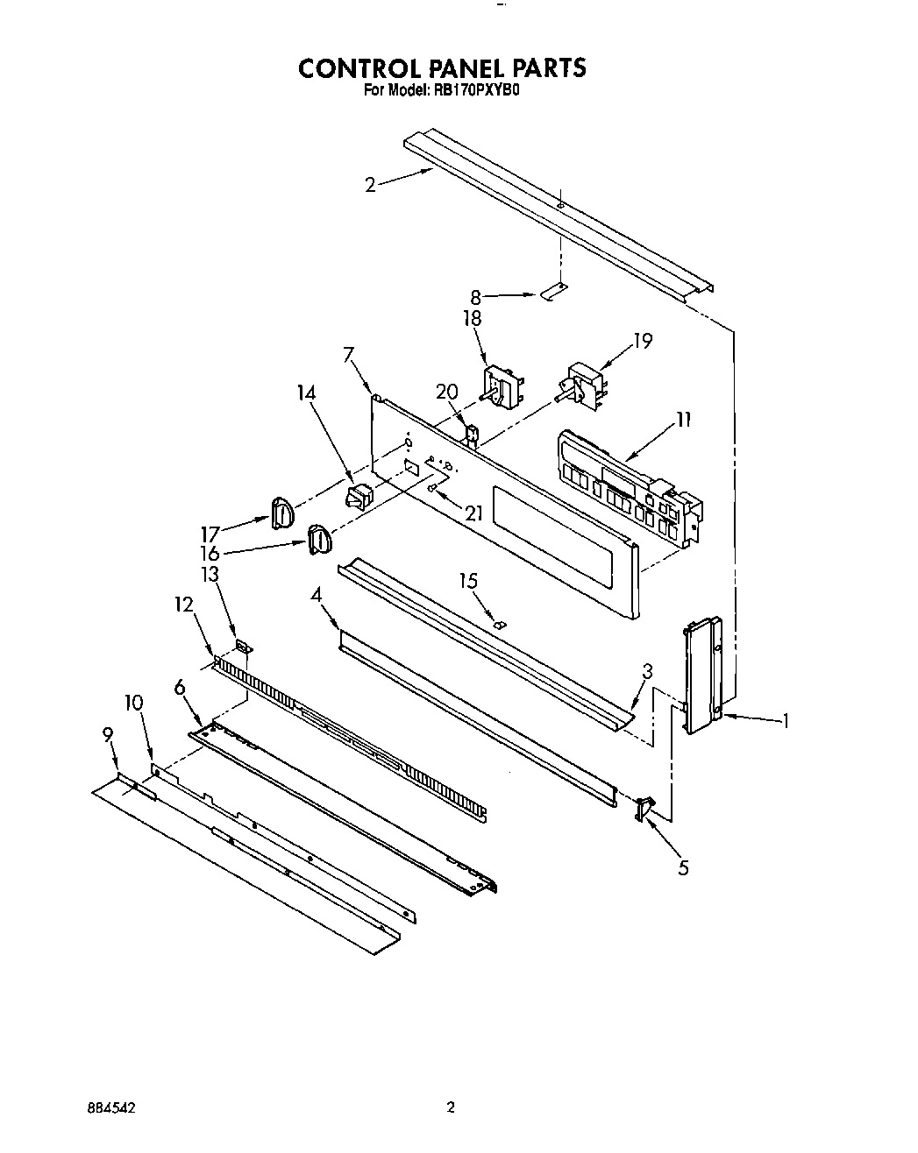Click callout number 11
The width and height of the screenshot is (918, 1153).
[683, 420]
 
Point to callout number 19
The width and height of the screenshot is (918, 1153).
[643, 341]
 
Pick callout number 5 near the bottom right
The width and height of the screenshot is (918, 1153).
[683, 867]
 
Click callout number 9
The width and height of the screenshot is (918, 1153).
[109, 734]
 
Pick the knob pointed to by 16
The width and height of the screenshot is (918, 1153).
[318, 539]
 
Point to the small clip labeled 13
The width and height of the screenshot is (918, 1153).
[243, 647]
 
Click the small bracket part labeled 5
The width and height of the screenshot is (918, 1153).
[646, 809]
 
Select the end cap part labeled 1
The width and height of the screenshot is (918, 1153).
[702, 674]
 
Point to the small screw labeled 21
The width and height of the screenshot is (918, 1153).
[433, 487]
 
